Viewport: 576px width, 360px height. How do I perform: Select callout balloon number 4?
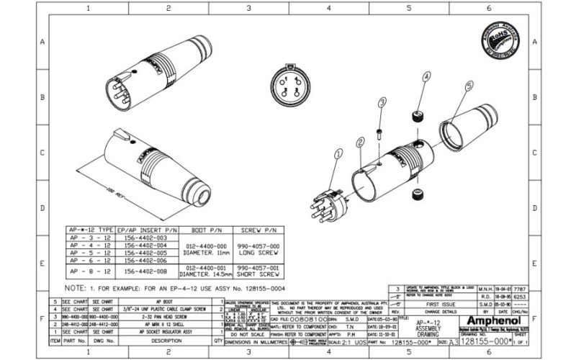coord(426,76)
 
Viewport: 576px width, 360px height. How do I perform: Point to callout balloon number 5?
coord(469,85)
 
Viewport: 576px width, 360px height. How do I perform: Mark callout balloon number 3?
coord(382,105)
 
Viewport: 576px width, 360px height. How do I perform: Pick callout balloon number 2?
coord(359,143)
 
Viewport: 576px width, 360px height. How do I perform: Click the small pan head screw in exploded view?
coord(378,134)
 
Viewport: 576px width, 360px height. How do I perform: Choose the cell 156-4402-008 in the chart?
coord(146,272)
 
